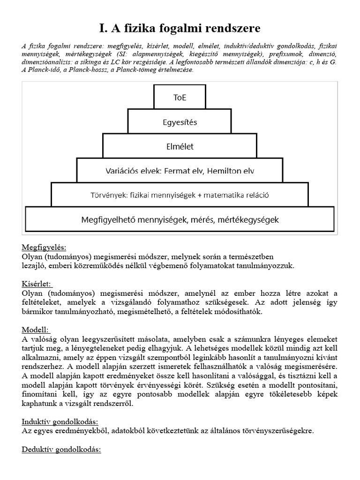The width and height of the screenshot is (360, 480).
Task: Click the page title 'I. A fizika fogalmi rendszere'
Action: tap(180, 29)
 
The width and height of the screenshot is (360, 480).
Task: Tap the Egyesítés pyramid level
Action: tap(180, 122)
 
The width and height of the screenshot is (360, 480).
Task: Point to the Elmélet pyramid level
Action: tap(180, 146)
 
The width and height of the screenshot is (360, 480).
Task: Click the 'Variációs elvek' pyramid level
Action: tap(180, 171)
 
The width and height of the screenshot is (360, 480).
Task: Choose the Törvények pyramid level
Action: tap(180, 195)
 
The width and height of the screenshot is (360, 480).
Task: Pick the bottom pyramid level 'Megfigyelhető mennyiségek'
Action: tap(180, 219)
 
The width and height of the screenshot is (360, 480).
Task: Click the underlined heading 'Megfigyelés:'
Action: tap(44, 247)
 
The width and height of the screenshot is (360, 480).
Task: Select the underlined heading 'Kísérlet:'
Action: tap(37, 284)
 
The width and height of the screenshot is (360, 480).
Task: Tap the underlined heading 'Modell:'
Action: tap(36, 330)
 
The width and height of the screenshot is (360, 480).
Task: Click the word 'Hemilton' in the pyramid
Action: tap(229, 171)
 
